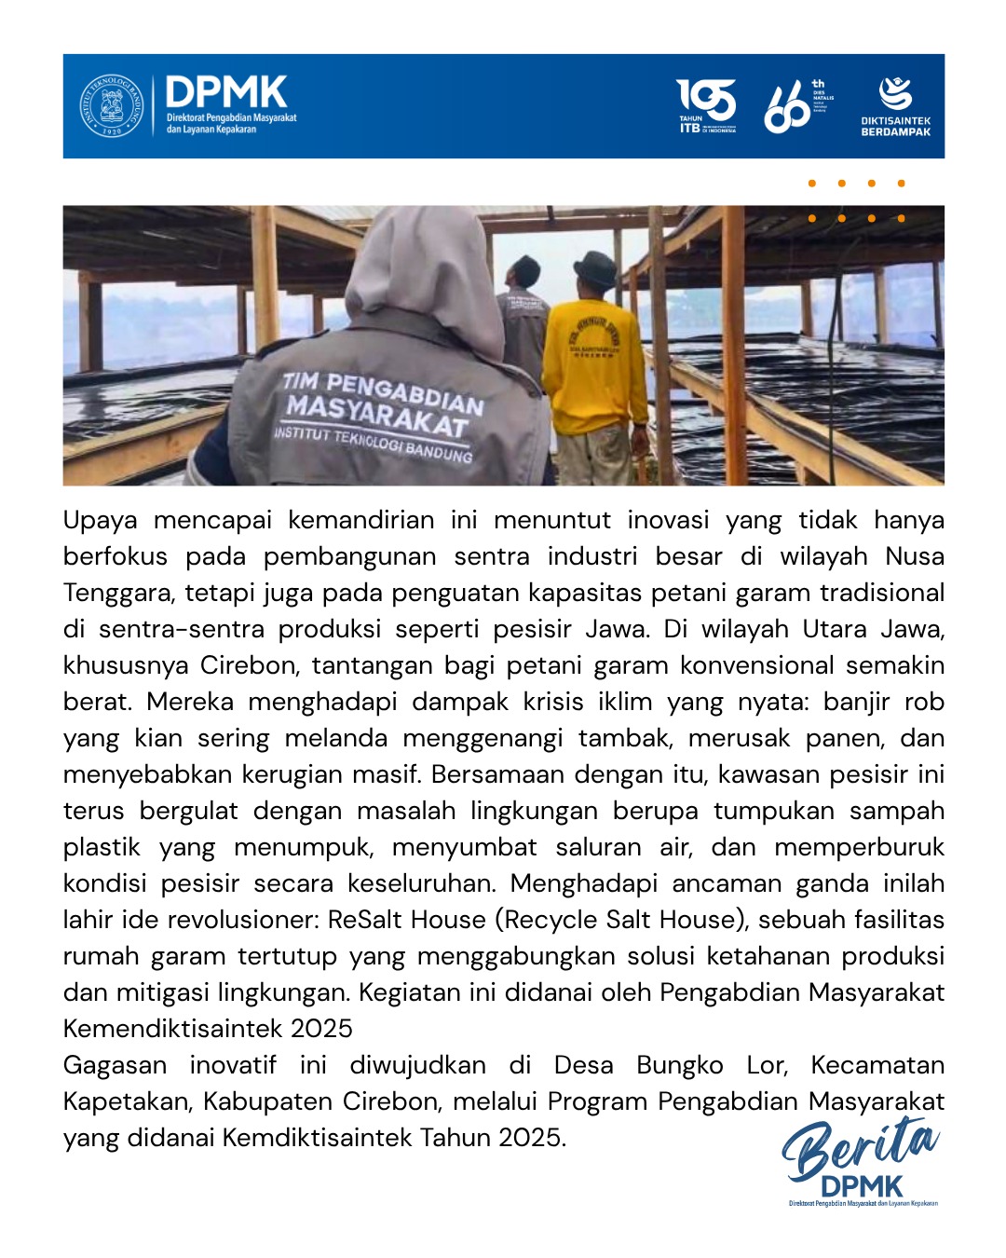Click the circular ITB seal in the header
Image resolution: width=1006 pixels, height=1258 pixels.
[x=112, y=106]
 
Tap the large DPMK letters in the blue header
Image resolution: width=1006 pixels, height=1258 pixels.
[x=226, y=93]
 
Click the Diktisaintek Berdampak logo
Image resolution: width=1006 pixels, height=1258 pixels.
[x=895, y=106]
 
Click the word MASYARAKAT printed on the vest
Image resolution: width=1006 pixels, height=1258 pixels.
[x=376, y=417]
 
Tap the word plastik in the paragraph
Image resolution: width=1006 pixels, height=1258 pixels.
[x=103, y=847]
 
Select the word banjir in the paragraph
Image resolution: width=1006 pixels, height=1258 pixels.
[x=857, y=702]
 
